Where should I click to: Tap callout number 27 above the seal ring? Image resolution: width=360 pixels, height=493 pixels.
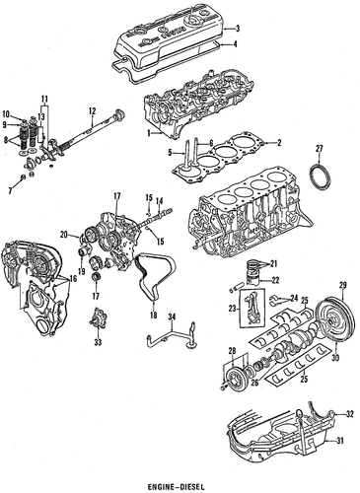[320, 148]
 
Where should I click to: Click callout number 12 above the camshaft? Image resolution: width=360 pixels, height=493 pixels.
[92, 111]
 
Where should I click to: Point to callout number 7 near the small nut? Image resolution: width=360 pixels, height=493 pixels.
[10, 190]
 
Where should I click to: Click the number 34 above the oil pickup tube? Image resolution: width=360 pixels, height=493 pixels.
[172, 317]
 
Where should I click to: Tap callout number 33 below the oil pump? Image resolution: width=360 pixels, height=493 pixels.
[98, 342]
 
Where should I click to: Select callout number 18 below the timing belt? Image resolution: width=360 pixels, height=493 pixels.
[154, 316]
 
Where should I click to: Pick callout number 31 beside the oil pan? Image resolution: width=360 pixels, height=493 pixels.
[340, 441]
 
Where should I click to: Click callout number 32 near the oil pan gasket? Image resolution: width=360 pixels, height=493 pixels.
[350, 414]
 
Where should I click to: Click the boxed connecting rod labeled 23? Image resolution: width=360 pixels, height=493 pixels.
[252, 309]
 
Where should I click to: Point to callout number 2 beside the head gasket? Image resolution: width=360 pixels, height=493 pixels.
[279, 143]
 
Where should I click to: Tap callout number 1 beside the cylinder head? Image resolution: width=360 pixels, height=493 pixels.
[149, 133]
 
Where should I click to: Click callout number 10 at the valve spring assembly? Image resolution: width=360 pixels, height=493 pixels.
[6, 114]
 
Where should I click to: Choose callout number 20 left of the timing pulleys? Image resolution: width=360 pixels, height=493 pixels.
[64, 235]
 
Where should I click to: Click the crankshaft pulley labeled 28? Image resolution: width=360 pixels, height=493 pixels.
[235, 378]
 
